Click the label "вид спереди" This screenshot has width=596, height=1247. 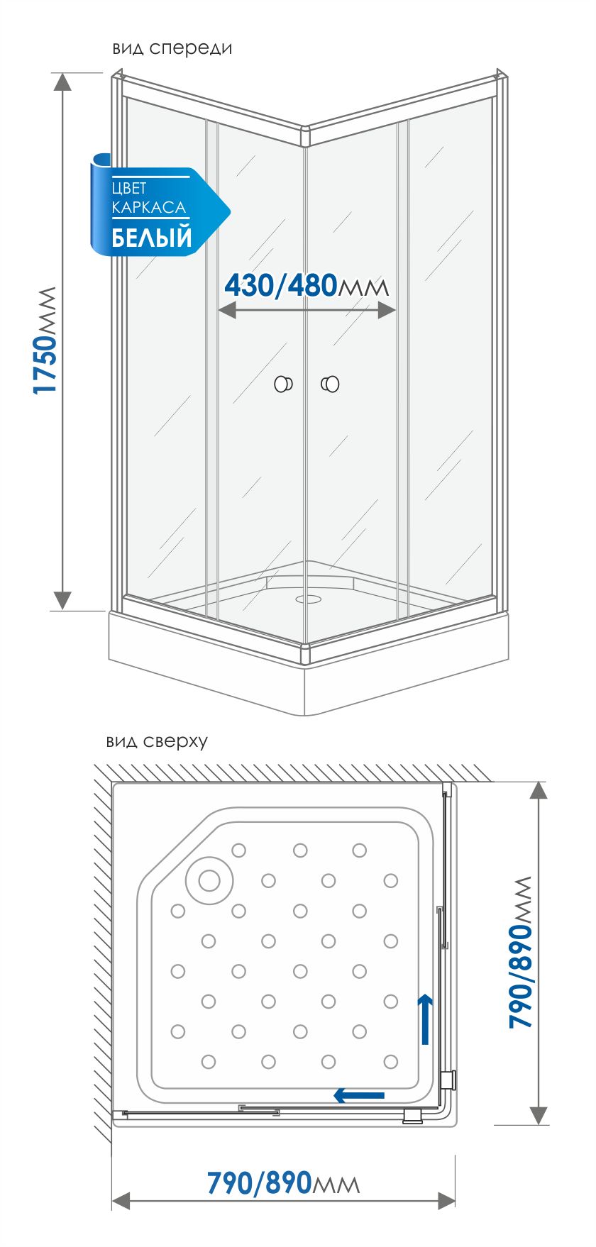(x=172, y=48)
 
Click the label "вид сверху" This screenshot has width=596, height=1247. (x=157, y=741)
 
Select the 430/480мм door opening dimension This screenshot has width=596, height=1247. (x=307, y=286)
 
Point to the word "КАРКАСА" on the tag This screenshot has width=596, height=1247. (x=149, y=208)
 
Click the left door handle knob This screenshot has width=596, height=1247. (x=284, y=384)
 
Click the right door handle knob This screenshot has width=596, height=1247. (x=330, y=384)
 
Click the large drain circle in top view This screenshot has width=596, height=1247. (x=209, y=880)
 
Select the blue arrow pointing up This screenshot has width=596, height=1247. (x=425, y=1019)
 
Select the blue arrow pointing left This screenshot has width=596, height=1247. (x=359, y=1096)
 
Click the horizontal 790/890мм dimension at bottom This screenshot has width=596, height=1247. (x=283, y=1182)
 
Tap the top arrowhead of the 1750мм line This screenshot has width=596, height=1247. (x=63, y=81)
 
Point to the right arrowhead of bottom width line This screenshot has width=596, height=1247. (x=446, y=1200)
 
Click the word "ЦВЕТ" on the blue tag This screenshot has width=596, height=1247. (x=129, y=188)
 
